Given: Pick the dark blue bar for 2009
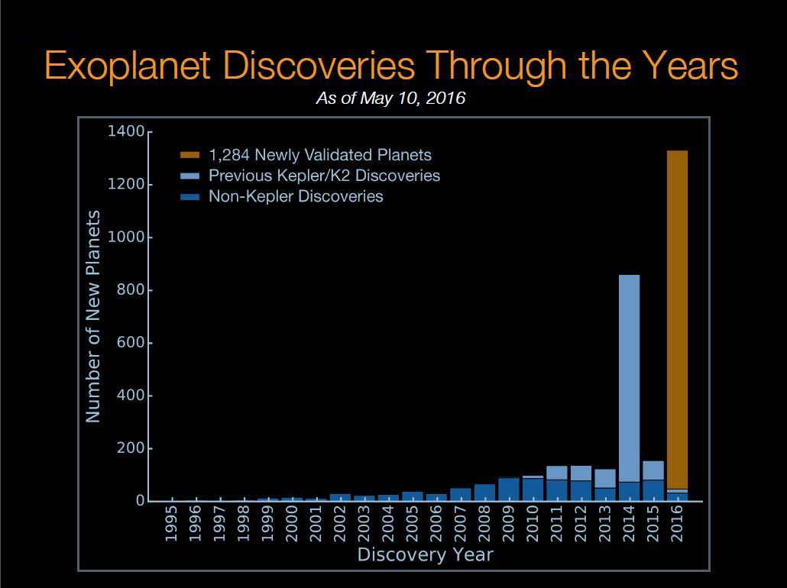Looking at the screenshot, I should tap(509, 489).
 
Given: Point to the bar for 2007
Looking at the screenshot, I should tap(461, 494).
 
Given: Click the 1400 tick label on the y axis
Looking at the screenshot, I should tap(126, 132).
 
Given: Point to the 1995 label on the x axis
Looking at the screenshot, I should tap(172, 524).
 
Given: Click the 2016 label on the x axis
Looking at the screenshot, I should tap(677, 524).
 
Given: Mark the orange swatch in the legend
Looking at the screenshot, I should tap(190, 155).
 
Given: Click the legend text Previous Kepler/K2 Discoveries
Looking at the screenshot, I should tap(324, 176).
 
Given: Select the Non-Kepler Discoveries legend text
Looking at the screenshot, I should tap(296, 196).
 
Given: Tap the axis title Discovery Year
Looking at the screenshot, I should tap(425, 554).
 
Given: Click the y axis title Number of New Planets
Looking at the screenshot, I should tap(92, 316).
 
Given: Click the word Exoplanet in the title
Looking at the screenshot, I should tap(127, 66).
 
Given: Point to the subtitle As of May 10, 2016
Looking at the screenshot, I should tap(390, 99).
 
